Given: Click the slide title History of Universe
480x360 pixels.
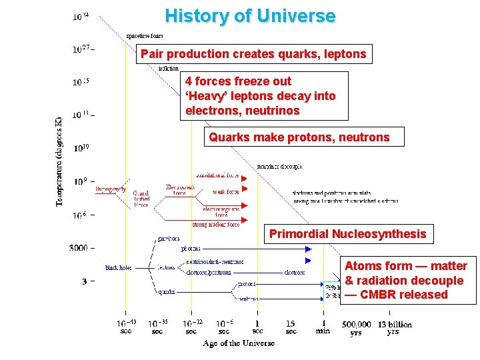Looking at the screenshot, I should pos(250,15).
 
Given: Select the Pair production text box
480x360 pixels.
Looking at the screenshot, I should pos(253,54).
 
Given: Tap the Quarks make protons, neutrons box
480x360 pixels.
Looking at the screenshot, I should pos(299,137).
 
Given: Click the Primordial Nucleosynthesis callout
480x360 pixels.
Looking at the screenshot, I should pos(347,234).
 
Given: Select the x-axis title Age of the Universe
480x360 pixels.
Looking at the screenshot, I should pos(239,343).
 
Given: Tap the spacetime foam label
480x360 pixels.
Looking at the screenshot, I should pos(145,36).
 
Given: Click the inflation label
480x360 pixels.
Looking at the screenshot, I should pos(168,68).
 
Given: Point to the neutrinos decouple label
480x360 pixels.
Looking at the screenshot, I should pos(279,166).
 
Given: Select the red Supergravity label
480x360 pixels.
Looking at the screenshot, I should pos(110,189).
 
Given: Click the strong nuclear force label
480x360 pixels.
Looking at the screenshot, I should pos(215,225).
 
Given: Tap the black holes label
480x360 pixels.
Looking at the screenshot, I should pos(118,267).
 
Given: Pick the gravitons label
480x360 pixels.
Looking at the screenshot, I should pos(168,238).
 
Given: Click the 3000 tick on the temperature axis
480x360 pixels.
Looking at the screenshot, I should pos(78,248).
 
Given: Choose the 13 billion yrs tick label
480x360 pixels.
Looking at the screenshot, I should pos(394,328).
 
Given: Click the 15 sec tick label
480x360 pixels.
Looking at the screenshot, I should pos(291,327).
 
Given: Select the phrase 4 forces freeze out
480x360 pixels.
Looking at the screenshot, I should pos(238,81).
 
